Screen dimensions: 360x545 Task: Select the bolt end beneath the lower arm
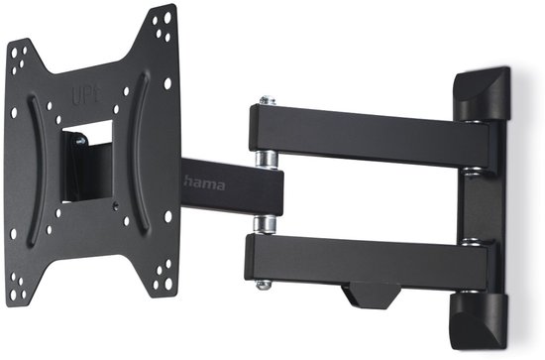[263, 286]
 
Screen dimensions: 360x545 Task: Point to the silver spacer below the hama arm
[266, 220]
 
